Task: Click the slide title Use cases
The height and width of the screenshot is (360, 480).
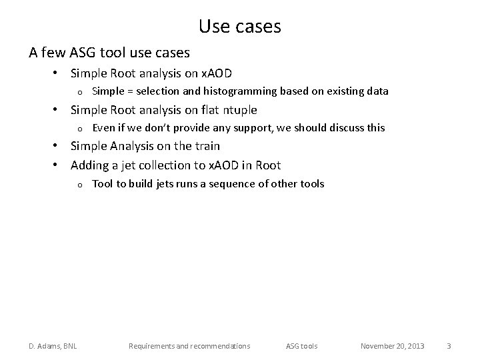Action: (x=240, y=27)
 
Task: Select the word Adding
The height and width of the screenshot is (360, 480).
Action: (x=89, y=165)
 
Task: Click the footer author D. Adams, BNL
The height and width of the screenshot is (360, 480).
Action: (x=52, y=346)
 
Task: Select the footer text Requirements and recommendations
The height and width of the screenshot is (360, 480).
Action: (x=189, y=346)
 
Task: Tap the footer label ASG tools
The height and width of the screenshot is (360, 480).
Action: (x=302, y=346)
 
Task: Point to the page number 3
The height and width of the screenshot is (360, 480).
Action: (x=449, y=346)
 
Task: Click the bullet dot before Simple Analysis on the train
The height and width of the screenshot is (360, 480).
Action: (x=58, y=146)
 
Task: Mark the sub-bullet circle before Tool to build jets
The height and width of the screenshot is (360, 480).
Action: (x=79, y=184)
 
